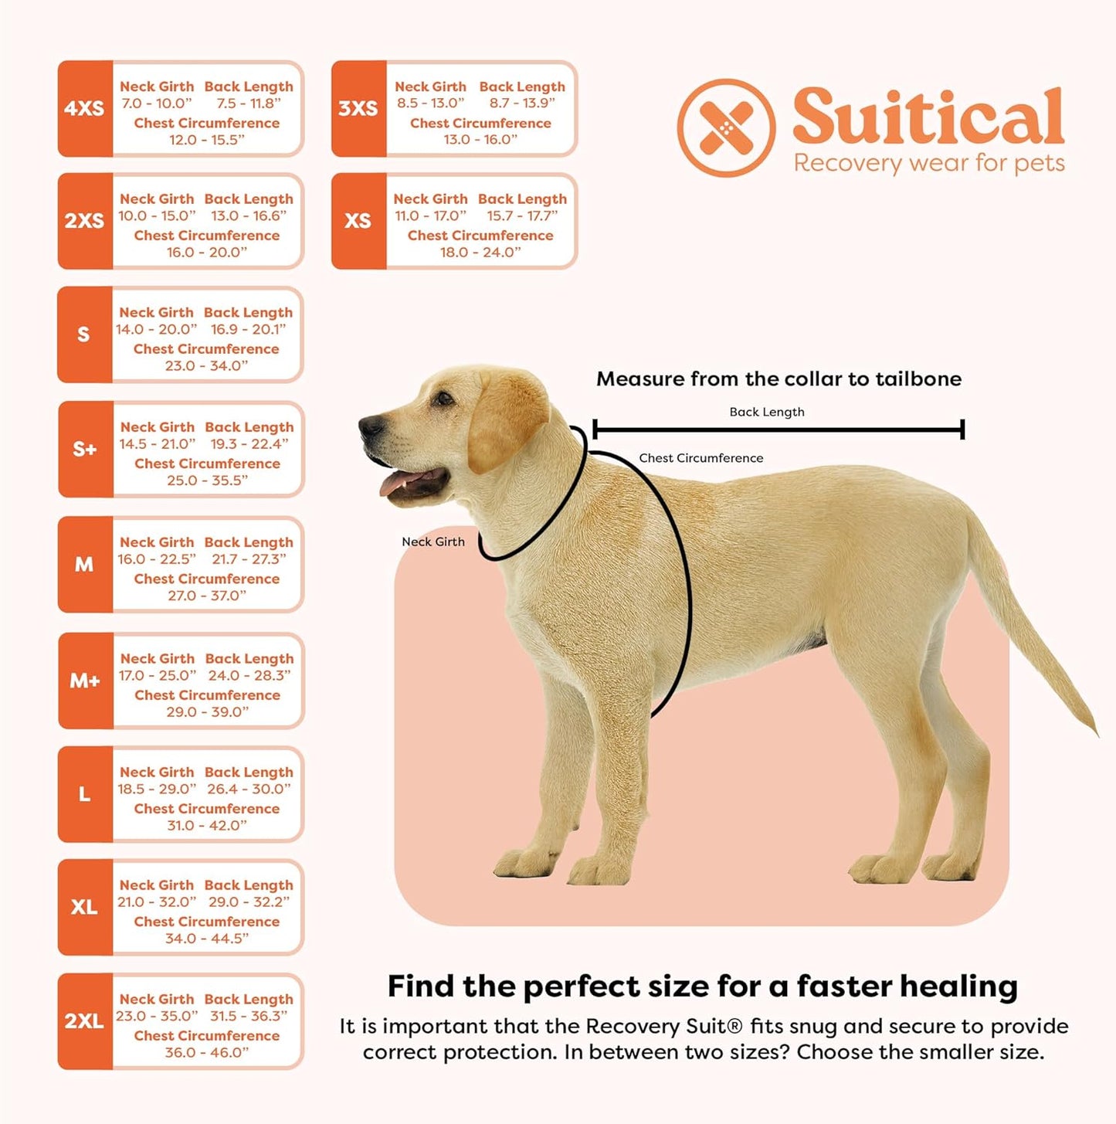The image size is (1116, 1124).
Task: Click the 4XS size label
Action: tap(84, 109)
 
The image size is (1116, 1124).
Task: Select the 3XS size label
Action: tap(358, 109)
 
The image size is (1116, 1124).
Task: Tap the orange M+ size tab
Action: tap(85, 681)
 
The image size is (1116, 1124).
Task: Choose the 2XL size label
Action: tap(84, 1021)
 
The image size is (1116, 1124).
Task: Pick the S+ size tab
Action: tap(85, 450)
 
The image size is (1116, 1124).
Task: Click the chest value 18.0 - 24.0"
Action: tap(480, 253)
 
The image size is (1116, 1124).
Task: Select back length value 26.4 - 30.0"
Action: tap(249, 789)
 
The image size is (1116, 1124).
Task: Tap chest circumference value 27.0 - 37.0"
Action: tap(207, 596)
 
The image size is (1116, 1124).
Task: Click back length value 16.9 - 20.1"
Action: tap(249, 329)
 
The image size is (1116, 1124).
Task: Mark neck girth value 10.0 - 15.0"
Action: tap(157, 216)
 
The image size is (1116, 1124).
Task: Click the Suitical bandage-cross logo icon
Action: tap(726, 127)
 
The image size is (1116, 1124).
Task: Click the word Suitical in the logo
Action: tap(928, 117)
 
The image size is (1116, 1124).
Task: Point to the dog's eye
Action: tap(443, 399)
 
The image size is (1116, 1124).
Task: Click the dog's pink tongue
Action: tap(402, 484)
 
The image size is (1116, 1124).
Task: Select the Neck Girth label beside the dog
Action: tap(433, 542)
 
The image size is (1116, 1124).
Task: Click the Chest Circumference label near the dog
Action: tap(700, 458)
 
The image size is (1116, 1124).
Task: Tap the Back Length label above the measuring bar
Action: tap(767, 412)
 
